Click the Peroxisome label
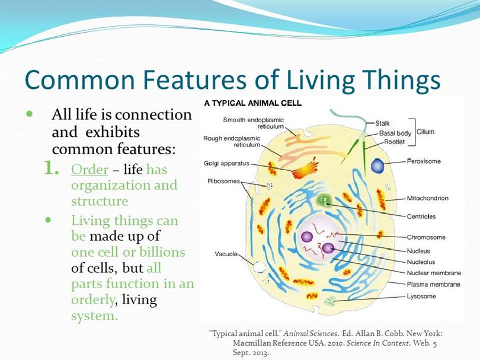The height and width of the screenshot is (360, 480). [x=424, y=161]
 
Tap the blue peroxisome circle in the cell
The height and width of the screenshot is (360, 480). [x=377, y=165]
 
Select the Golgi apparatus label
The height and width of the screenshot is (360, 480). [x=226, y=164]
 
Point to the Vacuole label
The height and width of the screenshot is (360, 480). [x=226, y=254]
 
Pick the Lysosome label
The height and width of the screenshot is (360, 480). [x=421, y=297]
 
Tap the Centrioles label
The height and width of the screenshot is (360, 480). [x=421, y=216]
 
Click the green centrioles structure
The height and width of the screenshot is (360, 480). [x=324, y=200]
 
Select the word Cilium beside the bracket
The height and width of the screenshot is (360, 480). [x=425, y=132]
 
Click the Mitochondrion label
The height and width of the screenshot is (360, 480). [x=428, y=198]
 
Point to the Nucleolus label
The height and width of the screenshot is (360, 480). [x=421, y=262]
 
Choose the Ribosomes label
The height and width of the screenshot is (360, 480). [x=223, y=181]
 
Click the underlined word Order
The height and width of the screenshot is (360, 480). [x=89, y=170]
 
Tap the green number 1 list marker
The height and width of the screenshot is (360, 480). [x=51, y=168]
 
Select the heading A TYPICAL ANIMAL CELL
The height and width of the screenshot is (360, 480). [x=253, y=103]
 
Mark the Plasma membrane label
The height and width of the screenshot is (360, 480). [x=433, y=284]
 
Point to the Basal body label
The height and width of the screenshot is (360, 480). [x=395, y=133]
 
